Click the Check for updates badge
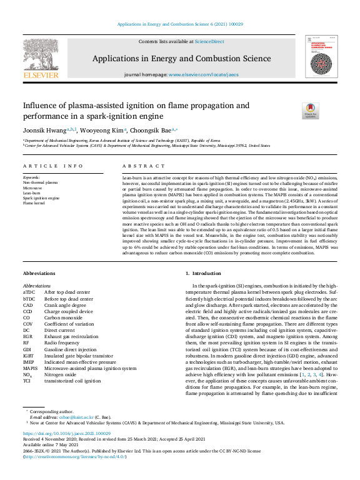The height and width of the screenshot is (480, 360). point(311,111)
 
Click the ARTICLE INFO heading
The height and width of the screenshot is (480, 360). point(53,166)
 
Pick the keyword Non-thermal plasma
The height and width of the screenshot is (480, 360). point(41,182)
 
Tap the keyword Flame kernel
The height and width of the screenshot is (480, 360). point(35,202)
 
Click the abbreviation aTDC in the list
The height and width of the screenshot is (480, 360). point(29,292)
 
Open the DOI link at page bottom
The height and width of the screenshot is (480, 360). point(67,432)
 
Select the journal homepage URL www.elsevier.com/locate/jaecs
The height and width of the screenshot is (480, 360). point(204,74)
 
